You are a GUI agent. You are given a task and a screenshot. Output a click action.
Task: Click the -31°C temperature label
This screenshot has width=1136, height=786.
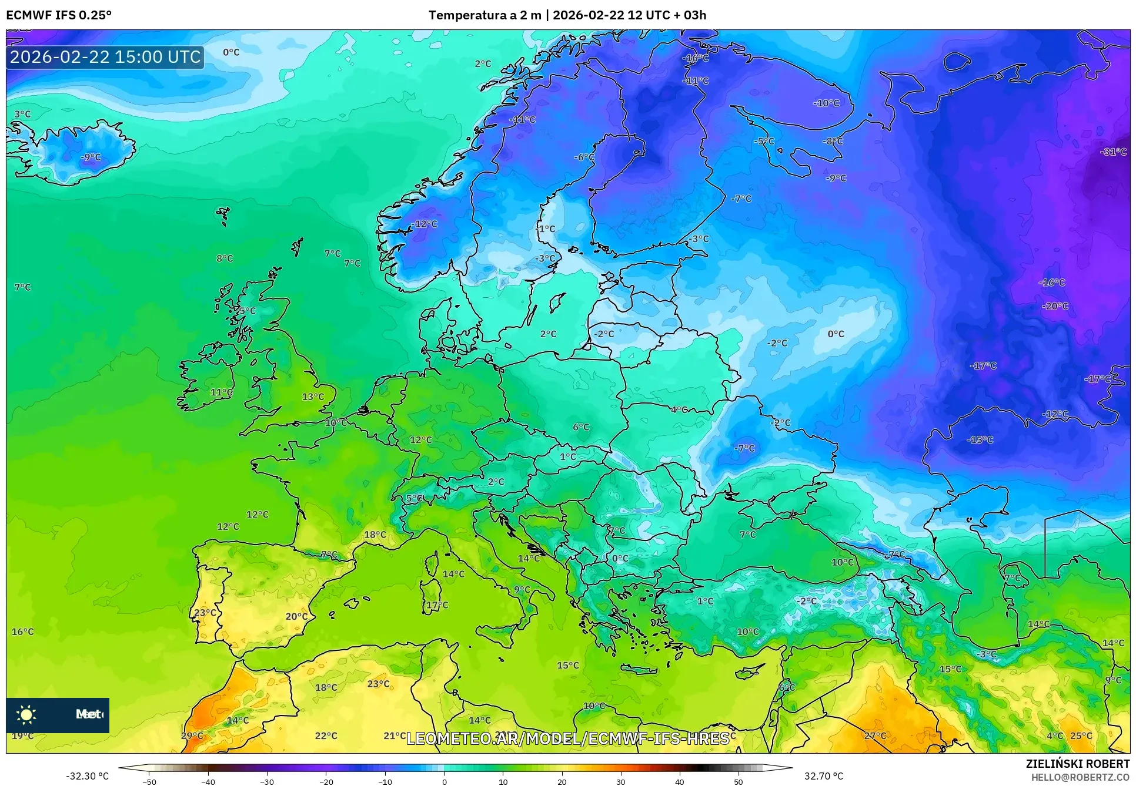pos(1113,152)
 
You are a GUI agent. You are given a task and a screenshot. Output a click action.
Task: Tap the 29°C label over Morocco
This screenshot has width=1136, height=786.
pos(192,735)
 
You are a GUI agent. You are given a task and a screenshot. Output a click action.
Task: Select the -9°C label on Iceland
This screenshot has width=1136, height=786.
pos(91,157)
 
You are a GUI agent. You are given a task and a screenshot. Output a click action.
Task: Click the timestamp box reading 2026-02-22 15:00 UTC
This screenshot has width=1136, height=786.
pos(105,57)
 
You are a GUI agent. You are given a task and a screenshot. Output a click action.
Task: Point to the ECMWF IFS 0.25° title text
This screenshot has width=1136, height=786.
pos(59,15)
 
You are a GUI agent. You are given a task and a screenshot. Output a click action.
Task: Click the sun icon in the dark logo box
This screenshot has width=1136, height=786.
pos(26,714)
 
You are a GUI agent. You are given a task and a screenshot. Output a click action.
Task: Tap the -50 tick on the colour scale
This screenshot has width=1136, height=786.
pos(149,782)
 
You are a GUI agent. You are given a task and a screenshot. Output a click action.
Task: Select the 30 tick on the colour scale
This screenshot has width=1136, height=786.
pos(620,782)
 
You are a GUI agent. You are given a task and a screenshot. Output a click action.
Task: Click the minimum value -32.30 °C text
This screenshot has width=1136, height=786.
pos(87,776)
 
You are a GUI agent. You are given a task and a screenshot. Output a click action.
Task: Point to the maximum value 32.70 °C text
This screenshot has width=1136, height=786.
pos(823,776)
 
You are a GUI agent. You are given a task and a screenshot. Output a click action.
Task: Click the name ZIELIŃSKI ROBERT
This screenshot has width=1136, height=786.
pos(1077,764)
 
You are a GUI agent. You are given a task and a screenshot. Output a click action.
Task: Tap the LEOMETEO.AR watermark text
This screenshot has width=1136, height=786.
pos(567,738)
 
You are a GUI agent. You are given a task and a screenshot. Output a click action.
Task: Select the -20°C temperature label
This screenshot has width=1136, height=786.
pos(1055,306)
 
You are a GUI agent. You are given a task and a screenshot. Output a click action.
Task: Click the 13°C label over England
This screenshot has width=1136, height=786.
pos(313,397)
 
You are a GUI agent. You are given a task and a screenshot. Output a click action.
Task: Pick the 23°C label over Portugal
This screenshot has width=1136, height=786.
pos(205,612)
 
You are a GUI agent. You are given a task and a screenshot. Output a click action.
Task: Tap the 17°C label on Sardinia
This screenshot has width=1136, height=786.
pos(437,605)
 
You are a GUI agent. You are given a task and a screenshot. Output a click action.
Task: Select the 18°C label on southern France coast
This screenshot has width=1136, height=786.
pos(375,535)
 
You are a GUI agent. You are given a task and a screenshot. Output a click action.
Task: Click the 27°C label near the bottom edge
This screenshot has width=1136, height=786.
pos(875,735)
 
